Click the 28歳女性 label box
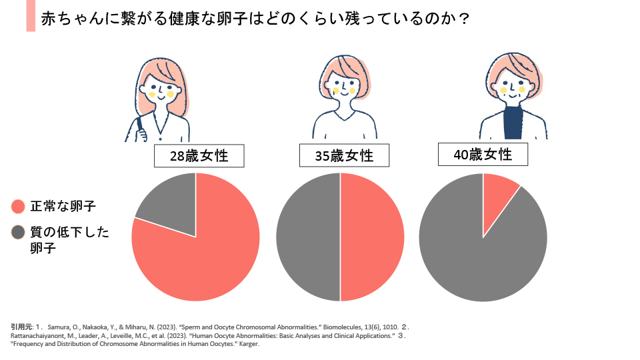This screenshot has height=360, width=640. pos(198,157)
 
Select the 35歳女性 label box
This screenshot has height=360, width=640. pos(344,157)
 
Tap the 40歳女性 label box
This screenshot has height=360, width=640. pos(483,155)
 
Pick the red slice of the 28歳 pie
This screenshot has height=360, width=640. pos(200,260)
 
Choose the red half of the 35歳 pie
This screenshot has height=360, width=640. pos(372,237)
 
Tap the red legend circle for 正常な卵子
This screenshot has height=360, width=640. pos(19,207)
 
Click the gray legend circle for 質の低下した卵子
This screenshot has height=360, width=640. pos(19,233)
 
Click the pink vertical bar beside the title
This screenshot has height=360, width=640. pos(31,17)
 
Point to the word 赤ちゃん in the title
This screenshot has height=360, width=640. pos(71,19)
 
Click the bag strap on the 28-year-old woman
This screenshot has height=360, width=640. pos(139,127)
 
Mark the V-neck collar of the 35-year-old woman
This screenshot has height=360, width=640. pos(344,117)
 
